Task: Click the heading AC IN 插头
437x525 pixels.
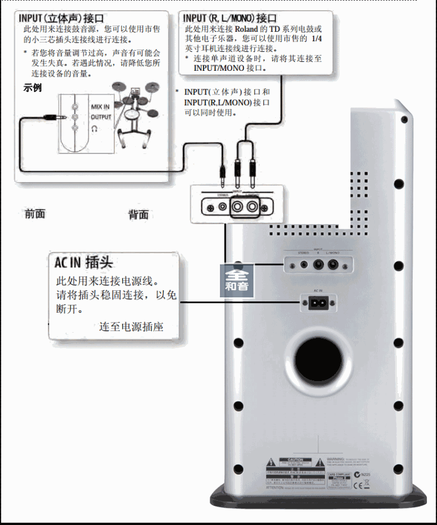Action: tap(83, 261)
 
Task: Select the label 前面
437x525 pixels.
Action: tap(35, 214)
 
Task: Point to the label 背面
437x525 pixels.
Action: tap(138, 215)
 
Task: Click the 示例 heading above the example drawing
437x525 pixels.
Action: tap(32, 88)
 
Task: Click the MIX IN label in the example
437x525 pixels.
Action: tap(100, 107)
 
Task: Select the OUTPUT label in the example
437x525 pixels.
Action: tap(100, 117)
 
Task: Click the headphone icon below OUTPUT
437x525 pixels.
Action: tap(94, 127)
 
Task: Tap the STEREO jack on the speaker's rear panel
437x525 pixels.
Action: tap(304, 265)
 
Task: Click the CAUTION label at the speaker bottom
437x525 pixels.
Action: tap(294, 460)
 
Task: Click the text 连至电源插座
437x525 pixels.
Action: tap(131, 326)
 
